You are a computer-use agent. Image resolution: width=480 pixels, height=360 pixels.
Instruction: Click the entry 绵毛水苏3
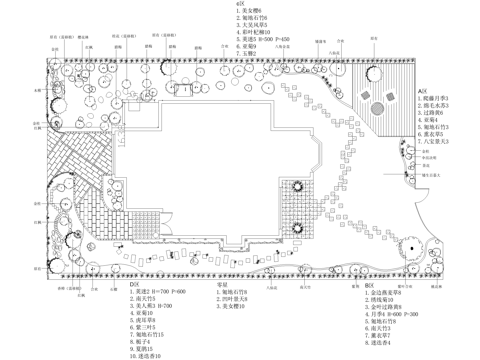click(434, 105)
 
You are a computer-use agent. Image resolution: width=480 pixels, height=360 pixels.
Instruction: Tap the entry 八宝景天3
click(434, 142)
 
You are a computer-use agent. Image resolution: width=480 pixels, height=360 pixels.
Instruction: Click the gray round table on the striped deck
click(377, 108)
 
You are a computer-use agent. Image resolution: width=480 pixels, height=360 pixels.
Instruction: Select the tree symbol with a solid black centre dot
click(410, 248)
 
